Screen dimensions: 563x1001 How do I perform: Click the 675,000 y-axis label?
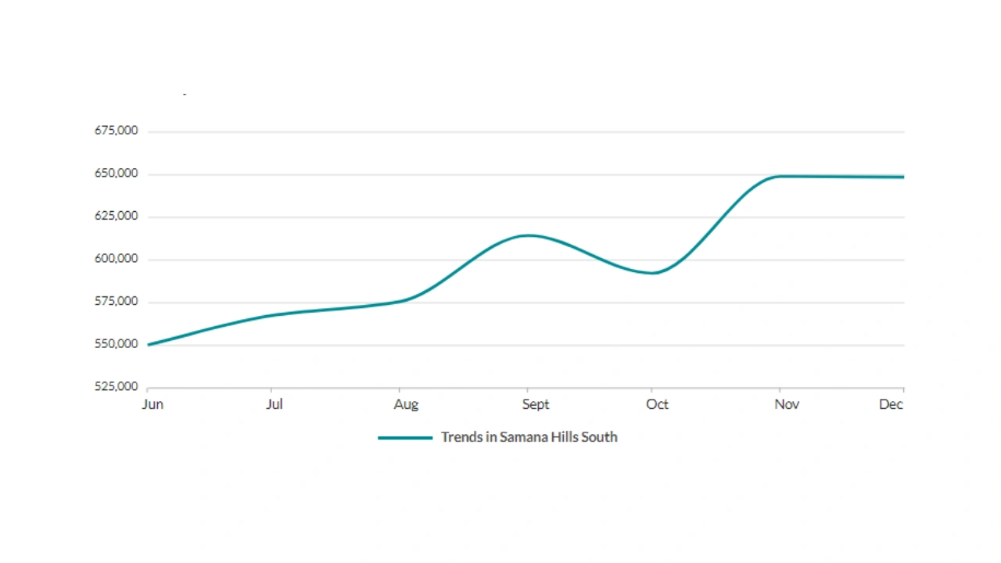pyautogui.click(x=117, y=131)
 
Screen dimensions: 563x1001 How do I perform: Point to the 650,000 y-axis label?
pyautogui.click(x=117, y=174)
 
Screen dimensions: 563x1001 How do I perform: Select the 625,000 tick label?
pyautogui.click(x=117, y=216)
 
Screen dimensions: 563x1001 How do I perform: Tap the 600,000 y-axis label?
pyautogui.click(x=117, y=259)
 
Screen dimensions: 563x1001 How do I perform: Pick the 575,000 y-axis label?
pyautogui.click(x=117, y=301)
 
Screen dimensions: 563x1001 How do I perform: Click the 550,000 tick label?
pyautogui.click(x=117, y=344)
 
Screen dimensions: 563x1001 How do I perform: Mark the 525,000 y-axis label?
pyautogui.click(x=117, y=386)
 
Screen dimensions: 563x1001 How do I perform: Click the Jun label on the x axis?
pyautogui.click(x=152, y=404)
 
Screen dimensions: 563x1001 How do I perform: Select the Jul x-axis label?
pyautogui.click(x=274, y=404)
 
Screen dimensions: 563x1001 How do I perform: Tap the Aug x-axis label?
pyautogui.click(x=406, y=404)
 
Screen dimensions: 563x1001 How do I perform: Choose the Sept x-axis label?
pyautogui.click(x=536, y=404)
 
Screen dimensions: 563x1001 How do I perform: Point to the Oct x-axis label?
pyautogui.click(x=657, y=404)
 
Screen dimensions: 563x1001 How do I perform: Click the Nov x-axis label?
pyautogui.click(x=787, y=404)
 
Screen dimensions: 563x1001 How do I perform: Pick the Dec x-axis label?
pyautogui.click(x=891, y=404)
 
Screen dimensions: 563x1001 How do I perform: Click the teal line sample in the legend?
pyautogui.click(x=405, y=438)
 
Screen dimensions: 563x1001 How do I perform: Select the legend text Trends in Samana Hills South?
pyautogui.click(x=529, y=437)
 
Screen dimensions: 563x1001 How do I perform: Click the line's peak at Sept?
pyautogui.click(x=528, y=235)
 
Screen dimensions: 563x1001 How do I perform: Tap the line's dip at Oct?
pyautogui.click(x=654, y=273)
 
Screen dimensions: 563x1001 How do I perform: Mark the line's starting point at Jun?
pyautogui.click(x=149, y=345)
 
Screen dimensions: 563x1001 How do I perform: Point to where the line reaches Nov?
pyautogui.click(x=780, y=177)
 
